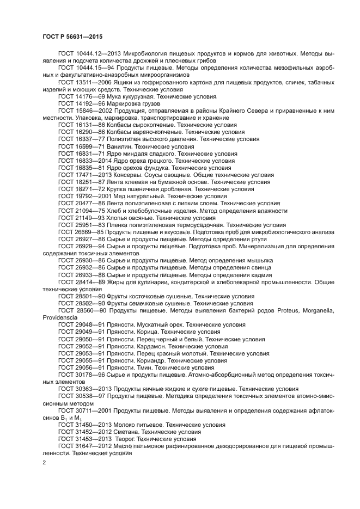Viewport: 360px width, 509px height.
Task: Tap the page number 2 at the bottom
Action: [45, 462]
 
